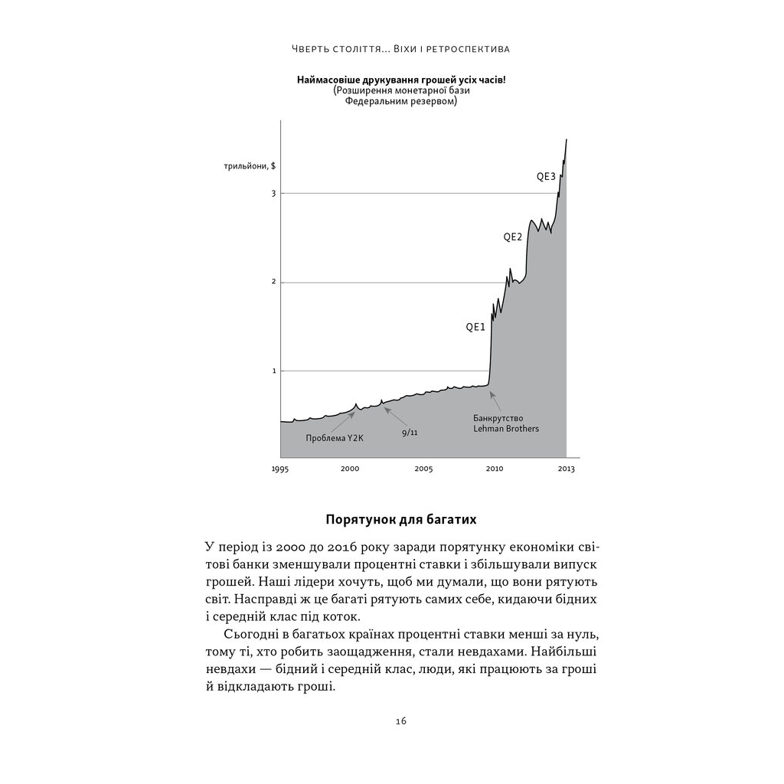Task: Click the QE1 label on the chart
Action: pyautogui.click(x=475, y=327)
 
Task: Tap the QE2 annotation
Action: pyautogui.click(x=512, y=237)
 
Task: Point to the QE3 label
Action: pyautogui.click(x=545, y=177)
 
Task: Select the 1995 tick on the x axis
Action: pyautogui.click(x=280, y=469)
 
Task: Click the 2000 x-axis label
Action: pyautogui.click(x=350, y=469)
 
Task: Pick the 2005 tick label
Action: pyautogui.click(x=423, y=469)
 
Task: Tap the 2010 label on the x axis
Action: pyautogui.click(x=494, y=469)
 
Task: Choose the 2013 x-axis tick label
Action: pyautogui.click(x=566, y=469)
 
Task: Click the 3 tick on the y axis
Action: pyautogui.click(x=273, y=194)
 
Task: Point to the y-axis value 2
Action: pyautogui.click(x=273, y=283)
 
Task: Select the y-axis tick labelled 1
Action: pyautogui.click(x=273, y=371)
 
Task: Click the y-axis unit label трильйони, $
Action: pyautogui.click(x=250, y=166)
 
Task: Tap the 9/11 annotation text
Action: pyautogui.click(x=410, y=433)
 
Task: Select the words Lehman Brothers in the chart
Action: pyautogui.click(x=506, y=429)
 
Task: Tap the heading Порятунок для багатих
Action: pyautogui.click(x=401, y=520)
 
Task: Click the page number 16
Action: pyautogui.click(x=401, y=721)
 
